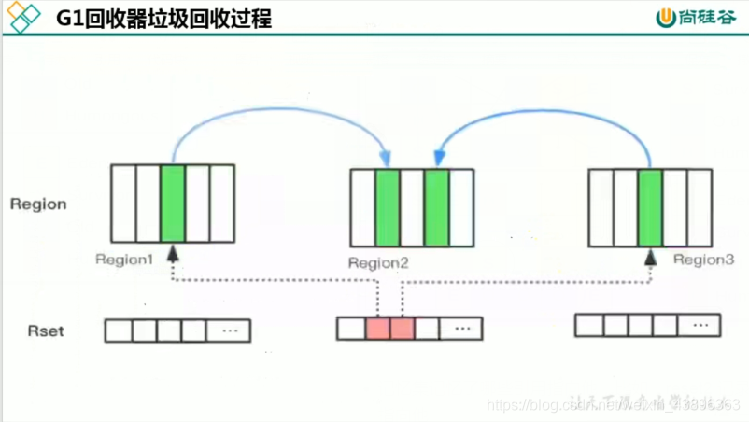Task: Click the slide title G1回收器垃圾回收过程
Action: [164, 18]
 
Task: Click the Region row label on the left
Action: [38, 204]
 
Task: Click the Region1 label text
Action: [123, 260]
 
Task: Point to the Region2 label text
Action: [378, 263]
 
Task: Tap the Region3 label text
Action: [703, 260]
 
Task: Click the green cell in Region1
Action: [172, 203]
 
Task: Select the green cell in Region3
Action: [651, 207]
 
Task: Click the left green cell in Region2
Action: [387, 207]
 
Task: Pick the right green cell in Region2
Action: [436, 207]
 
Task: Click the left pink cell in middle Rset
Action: [377, 328]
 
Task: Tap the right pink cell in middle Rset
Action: [402, 328]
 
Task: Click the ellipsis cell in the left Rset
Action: [229, 331]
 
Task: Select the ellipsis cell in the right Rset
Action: [700, 325]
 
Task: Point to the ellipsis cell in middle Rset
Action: [460, 328]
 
